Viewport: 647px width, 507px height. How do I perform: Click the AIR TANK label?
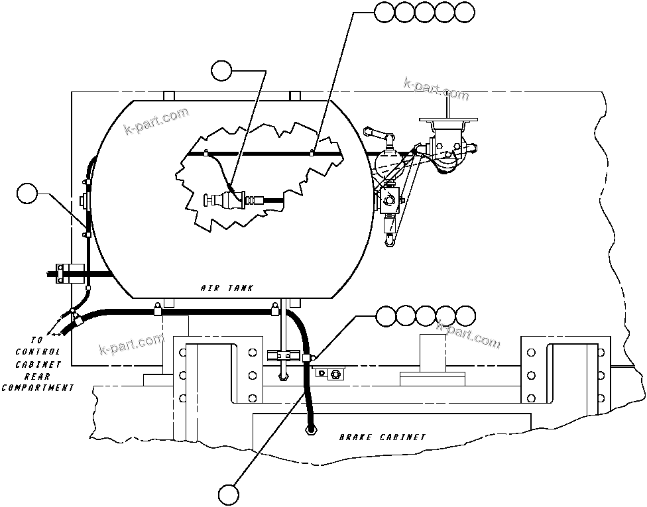click(226, 288)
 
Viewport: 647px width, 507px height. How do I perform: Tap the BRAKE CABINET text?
click(382, 437)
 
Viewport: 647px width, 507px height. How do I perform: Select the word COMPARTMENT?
click(38, 388)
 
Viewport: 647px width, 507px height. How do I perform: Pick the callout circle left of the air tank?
click(27, 194)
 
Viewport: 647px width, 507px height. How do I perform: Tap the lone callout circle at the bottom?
click(229, 494)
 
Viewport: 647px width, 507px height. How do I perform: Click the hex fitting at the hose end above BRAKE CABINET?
click(310, 429)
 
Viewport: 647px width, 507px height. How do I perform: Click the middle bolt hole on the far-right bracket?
click(600, 376)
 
